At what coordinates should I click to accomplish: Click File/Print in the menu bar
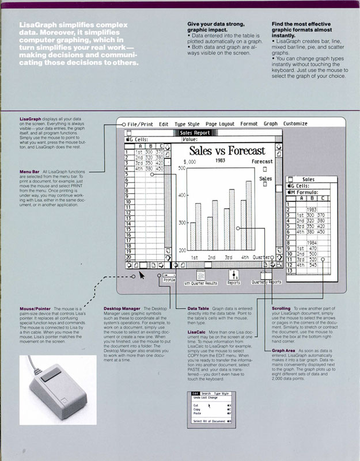(141, 124)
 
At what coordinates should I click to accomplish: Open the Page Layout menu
(220, 124)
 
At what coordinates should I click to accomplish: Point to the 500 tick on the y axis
(181, 169)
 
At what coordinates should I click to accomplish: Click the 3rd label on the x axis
(228, 258)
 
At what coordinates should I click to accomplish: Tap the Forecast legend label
(262, 162)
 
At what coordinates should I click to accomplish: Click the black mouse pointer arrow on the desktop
(134, 276)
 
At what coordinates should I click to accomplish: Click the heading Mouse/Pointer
(36, 308)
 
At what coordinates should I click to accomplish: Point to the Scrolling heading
(281, 308)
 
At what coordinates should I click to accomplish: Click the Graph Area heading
(285, 350)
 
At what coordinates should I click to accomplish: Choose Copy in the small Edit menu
(196, 409)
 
